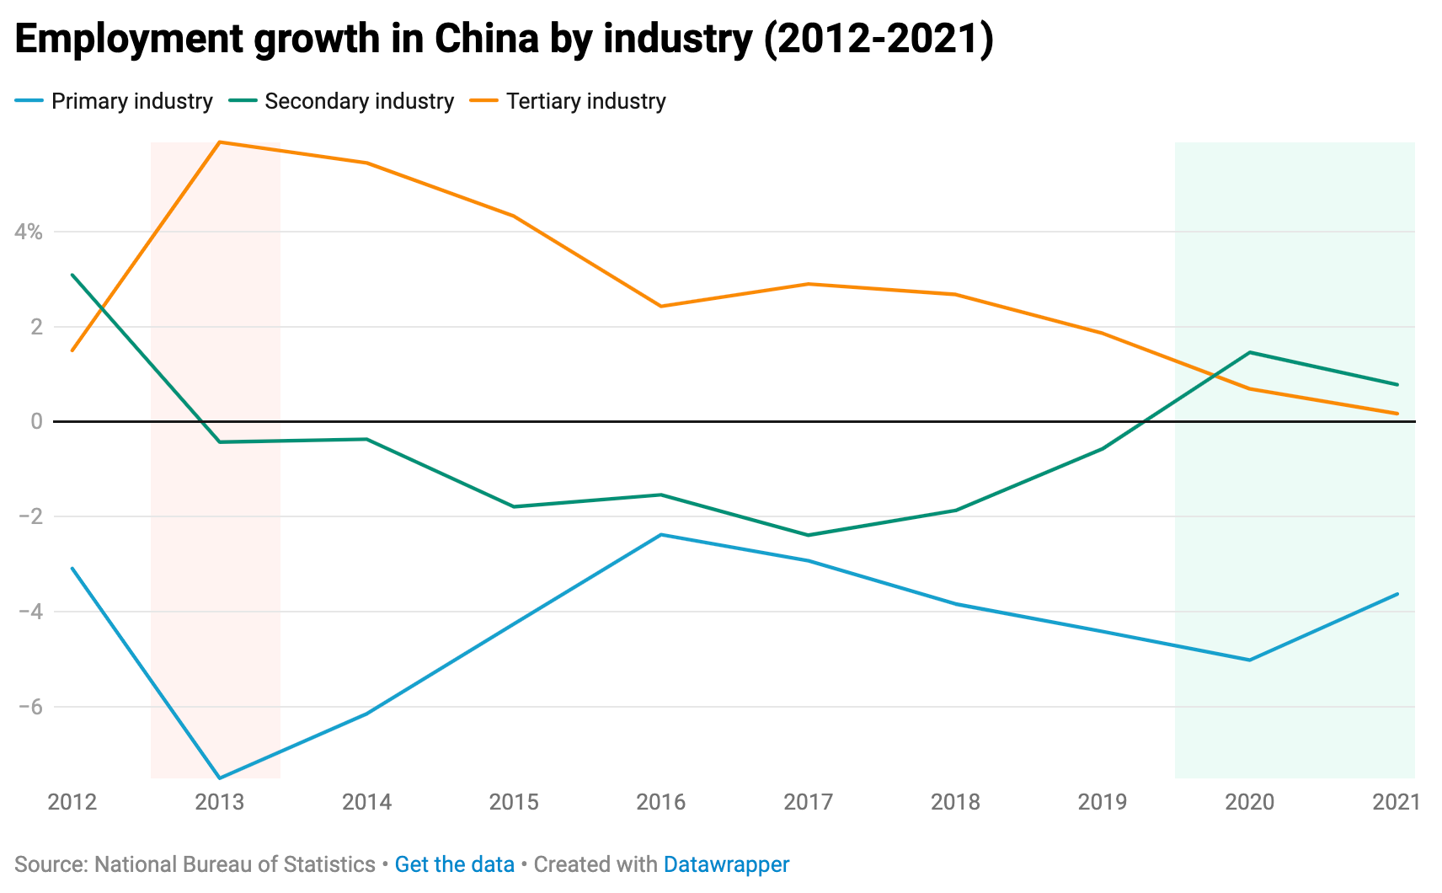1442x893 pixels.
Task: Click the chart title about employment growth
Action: tap(504, 40)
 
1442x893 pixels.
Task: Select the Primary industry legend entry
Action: tap(131, 101)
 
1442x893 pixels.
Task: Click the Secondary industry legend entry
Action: tap(359, 101)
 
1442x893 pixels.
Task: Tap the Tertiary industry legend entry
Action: tap(585, 101)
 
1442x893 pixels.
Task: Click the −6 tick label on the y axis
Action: tap(30, 707)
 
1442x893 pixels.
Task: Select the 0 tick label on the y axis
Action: tap(36, 421)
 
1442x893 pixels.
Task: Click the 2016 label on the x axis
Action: tap(661, 802)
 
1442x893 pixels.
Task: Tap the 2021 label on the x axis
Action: tap(1396, 802)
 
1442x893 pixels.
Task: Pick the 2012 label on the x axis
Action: tap(72, 802)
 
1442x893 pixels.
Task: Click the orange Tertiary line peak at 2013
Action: tap(220, 142)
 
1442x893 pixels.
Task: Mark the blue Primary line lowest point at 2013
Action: tap(220, 778)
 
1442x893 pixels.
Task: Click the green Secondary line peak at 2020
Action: tap(1249, 352)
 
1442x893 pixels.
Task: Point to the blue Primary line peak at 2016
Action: tap(661, 534)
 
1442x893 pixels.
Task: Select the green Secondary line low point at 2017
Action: tap(809, 535)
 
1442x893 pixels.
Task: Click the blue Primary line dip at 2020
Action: tap(1249, 660)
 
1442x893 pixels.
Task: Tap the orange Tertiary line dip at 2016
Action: tap(661, 306)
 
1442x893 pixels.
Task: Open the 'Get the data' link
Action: tap(454, 864)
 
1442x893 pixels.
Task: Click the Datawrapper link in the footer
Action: tap(726, 864)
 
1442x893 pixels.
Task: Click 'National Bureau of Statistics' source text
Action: tap(234, 864)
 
